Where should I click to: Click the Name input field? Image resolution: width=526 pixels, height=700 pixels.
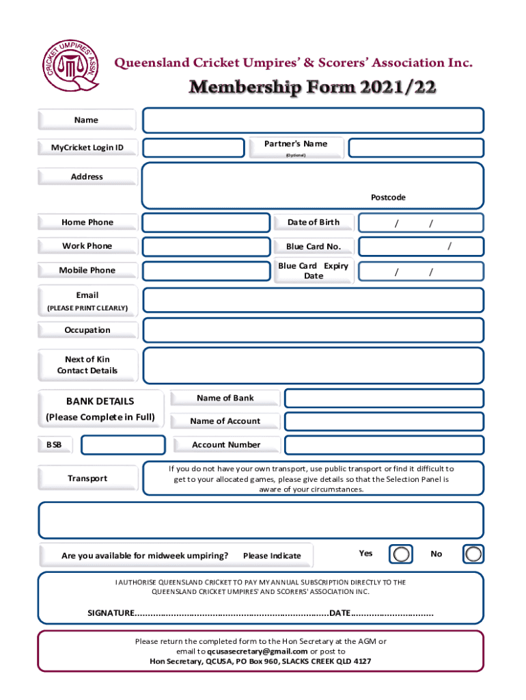[x=313, y=120]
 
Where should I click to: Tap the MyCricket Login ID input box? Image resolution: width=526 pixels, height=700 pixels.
[x=193, y=148]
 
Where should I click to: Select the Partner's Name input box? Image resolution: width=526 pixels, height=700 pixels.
[x=415, y=148]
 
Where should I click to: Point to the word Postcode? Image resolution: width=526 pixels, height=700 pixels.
[x=388, y=198]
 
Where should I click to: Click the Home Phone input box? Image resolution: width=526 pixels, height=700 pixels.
[x=206, y=223]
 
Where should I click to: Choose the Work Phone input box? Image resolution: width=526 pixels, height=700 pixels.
[x=206, y=247]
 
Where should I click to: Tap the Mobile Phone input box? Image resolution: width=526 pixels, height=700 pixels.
[x=206, y=271]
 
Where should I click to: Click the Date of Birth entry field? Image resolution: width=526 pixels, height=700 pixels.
[x=421, y=223]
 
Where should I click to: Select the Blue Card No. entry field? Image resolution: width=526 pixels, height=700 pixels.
[x=421, y=247]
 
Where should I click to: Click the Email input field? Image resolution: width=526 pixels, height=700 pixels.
[x=313, y=300]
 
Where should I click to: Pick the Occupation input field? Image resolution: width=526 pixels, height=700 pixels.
[x=313, y=330]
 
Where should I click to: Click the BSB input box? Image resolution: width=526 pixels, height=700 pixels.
[x=123, y=445]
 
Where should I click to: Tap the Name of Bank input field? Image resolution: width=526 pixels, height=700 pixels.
[x=384, y=399]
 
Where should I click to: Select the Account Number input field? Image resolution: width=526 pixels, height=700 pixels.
[x=384, y=445]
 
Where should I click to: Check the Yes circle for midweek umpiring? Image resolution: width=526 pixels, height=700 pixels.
[x=402, y=554]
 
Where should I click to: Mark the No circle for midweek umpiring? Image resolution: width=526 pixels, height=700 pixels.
[x=473, y=554]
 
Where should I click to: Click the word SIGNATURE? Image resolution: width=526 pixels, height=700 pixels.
[x=111, y=612]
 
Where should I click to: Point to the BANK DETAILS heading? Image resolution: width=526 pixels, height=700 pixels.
[x=100, y=401]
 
